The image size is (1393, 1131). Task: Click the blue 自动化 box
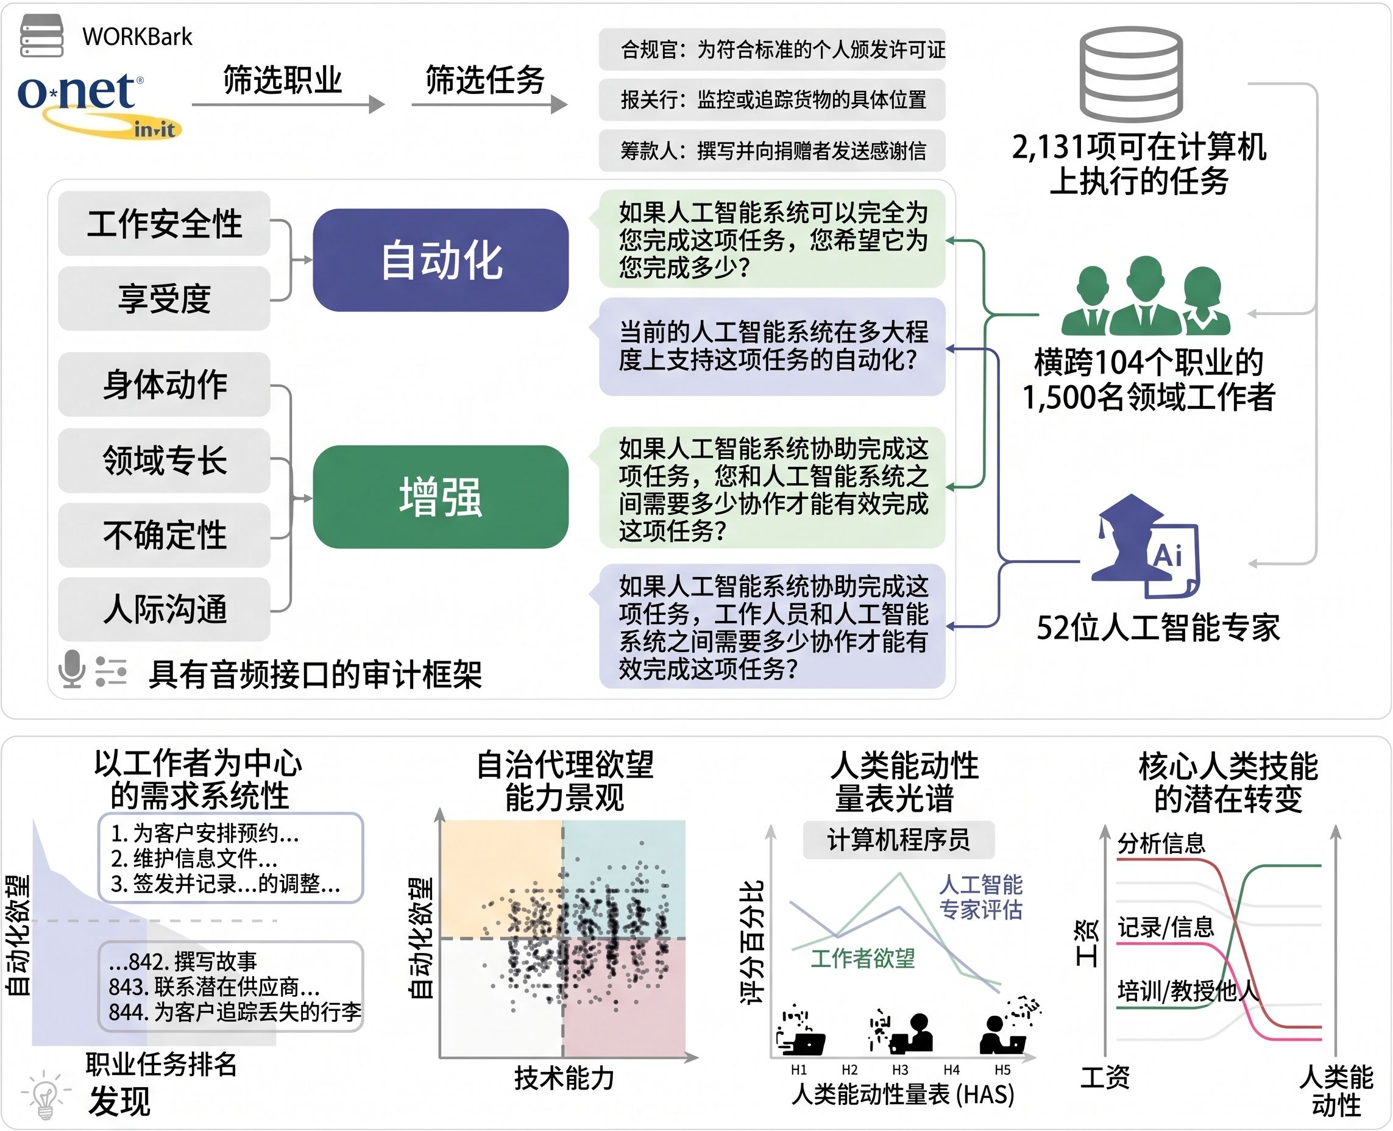click(x=441, y=260)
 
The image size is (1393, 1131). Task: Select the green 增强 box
click(x=441, y=497)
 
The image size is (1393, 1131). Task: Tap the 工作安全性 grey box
click(x=164, y=224)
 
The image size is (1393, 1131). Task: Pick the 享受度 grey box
click(x=164, y=299)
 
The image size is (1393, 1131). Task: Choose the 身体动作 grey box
click(x=164, y=385)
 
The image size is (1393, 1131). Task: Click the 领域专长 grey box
click(x=164, y=460)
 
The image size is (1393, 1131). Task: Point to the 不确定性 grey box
click(x=164, y=535)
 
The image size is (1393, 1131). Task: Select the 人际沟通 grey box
click(x=164, y=609)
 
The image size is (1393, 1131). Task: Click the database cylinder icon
click(x=1131, y=74)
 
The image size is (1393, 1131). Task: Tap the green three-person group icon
click(x=1146, y=295)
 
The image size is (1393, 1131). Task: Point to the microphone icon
click(x=72, y=668)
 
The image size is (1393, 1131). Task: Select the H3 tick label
click(x=900, y=1070)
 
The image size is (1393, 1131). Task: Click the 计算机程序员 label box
click(x=898, y=840)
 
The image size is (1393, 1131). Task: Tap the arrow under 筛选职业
click(x=289, y=104)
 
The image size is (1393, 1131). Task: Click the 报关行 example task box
click(x=772, y=100)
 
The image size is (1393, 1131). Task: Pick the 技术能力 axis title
click(x=564, y=1078)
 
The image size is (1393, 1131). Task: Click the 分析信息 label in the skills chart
click(x=1161, y=843)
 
